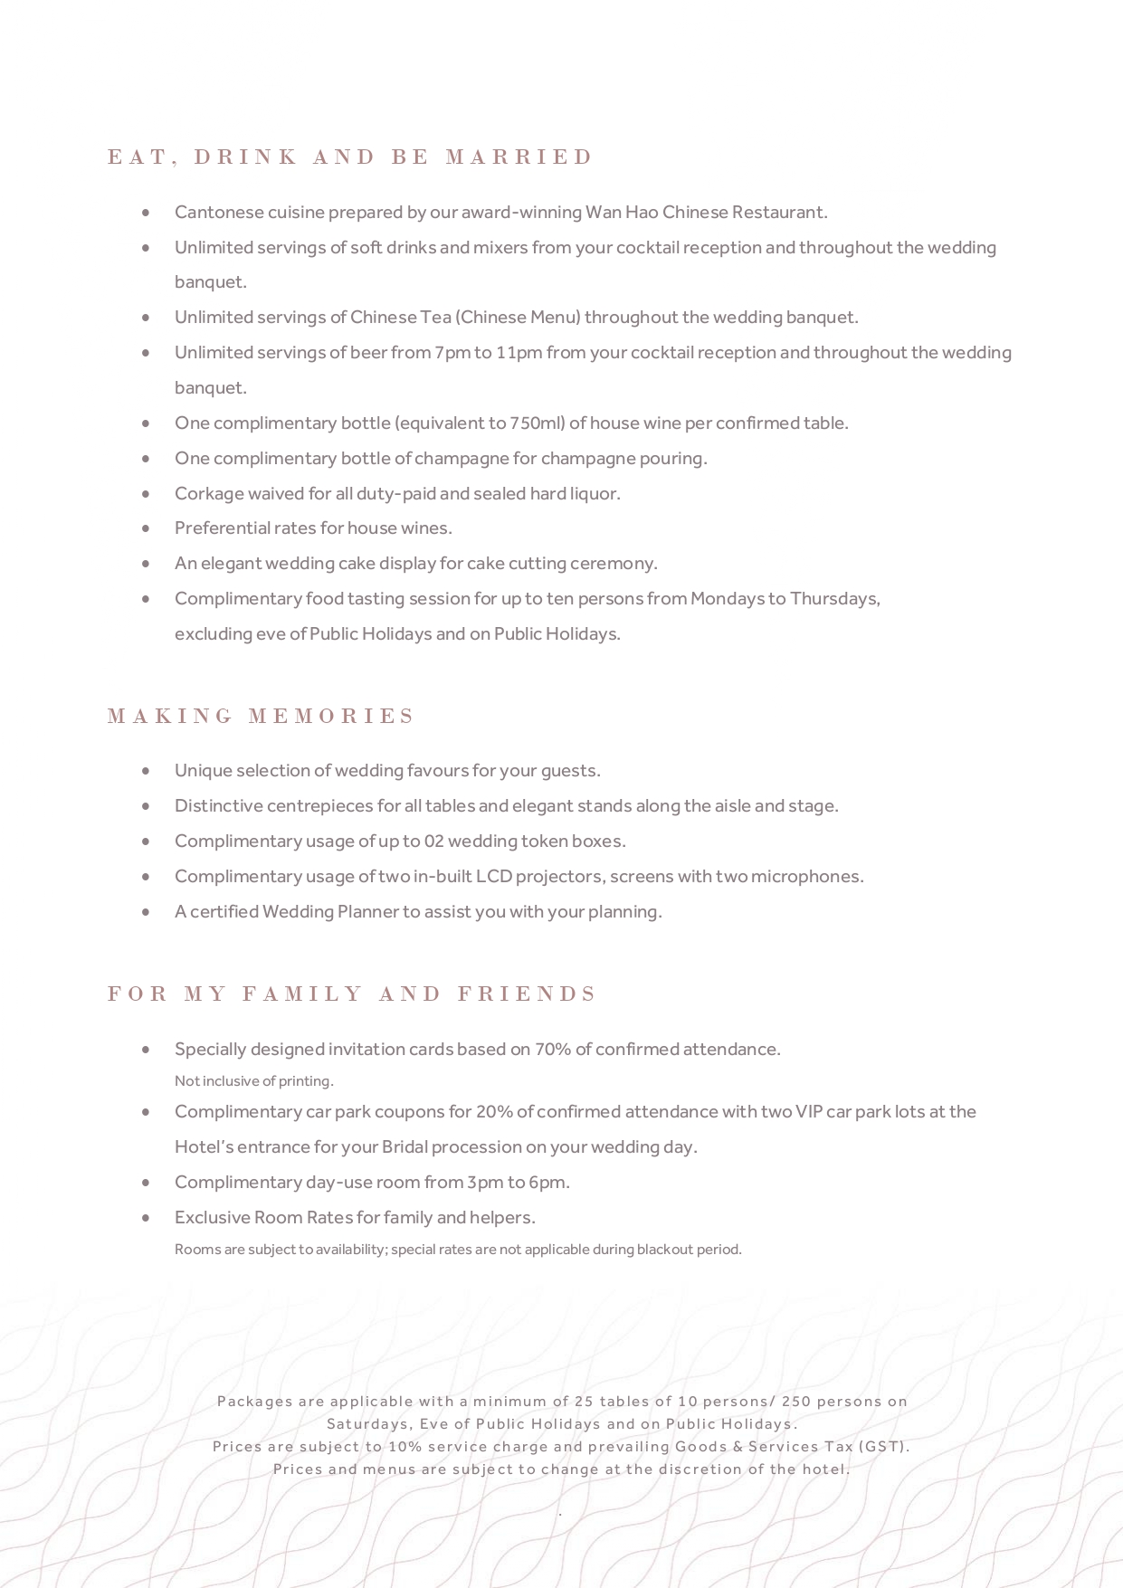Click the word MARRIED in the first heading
[x=519, y=157]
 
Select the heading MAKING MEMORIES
[x=261, y=717]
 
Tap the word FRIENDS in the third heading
[x=527, y=994]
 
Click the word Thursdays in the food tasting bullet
[x=833, y=599]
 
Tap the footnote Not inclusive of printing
[x=254, y=1081]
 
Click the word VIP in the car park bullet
[x=808, y=1112]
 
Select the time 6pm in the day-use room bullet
[x=551, y=1183]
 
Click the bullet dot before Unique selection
[x=146, y=771]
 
